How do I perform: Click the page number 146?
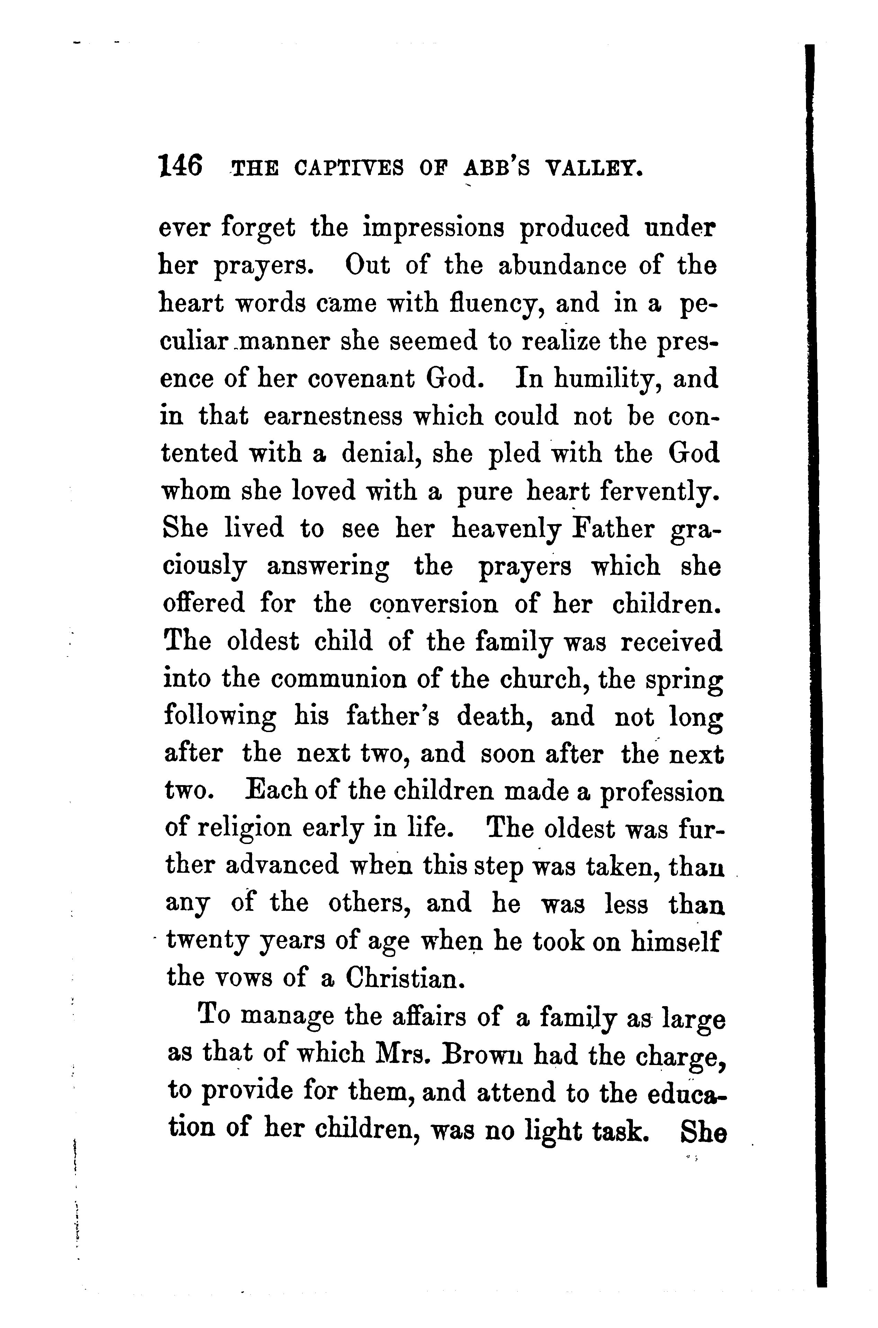click(181, 166)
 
